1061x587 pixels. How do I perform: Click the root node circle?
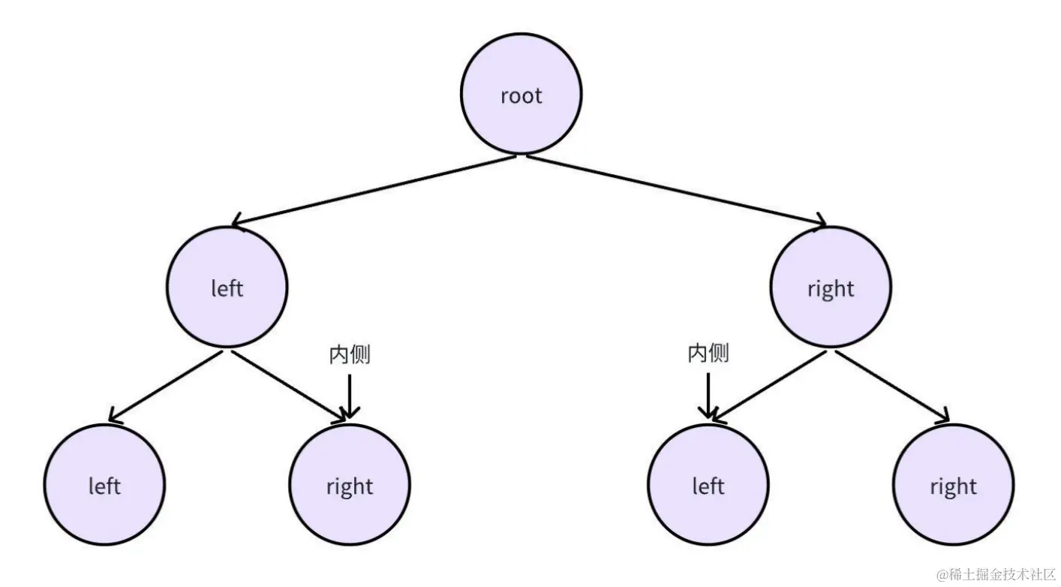[521, 95]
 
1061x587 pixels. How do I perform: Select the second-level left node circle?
[227, 287]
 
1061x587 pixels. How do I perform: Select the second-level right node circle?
[831, 287]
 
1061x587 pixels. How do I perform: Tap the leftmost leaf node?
[104, 485]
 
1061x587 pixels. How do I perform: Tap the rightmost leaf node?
[953, 485]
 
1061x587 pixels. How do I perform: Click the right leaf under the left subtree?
[350, 485]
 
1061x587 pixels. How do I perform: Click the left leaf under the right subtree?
[708, 485]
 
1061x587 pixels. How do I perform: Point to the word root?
[521, 96]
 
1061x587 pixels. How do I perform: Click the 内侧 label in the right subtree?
[708, 353]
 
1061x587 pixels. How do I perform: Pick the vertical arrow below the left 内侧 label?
[350, 394]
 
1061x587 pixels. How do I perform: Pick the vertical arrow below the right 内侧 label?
[707, 394]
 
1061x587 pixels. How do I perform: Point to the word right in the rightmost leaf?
[953, 486]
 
